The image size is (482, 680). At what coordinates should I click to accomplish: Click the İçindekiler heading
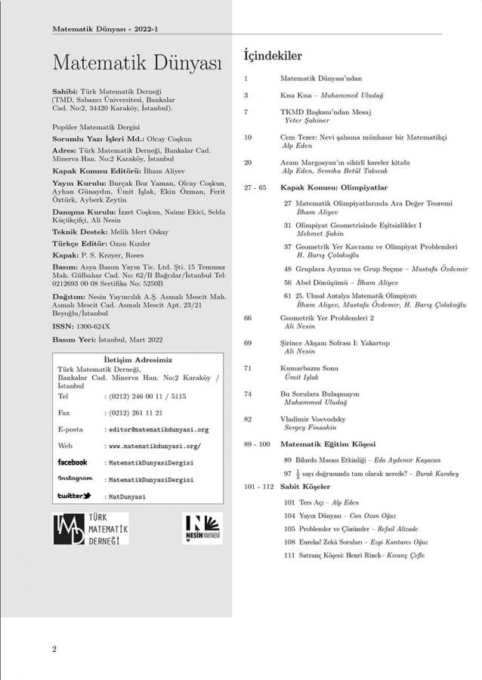pyautogui.click(x=272, y=55)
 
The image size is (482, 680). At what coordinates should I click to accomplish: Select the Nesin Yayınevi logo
pyautogui.click(x=202, y=528)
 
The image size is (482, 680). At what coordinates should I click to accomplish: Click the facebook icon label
pyautogui.click(x=73, y=462)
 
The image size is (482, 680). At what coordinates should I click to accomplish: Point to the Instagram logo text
pyautogui.click(x=76, y=479)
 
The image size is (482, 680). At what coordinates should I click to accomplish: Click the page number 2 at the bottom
pyautogui.click(x=54, y=649)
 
